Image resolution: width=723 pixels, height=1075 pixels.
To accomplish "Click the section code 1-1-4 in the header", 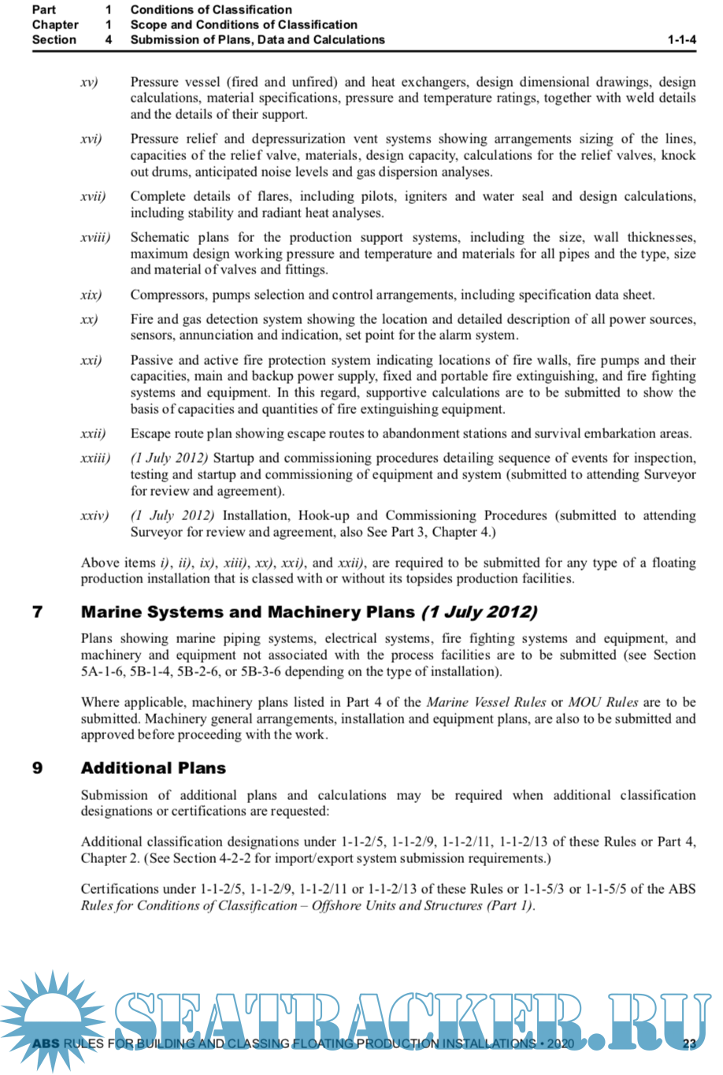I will point(681,39).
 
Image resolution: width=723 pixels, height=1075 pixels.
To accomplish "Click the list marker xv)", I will point(89,82).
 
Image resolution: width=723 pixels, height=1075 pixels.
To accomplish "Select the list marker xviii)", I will point(95,237).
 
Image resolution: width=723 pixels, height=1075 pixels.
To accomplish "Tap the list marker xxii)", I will point(93,433).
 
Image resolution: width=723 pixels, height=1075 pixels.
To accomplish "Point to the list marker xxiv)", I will point(95,515).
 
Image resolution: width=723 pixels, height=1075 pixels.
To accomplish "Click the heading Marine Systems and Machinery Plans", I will point(247,612).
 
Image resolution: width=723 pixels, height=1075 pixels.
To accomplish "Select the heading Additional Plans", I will point(153,768).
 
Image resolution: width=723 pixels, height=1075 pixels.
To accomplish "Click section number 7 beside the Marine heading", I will point(37,612).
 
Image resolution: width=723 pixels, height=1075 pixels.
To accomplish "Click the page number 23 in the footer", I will point(689,1043).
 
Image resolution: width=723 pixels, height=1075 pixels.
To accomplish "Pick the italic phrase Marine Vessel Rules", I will point(486,702).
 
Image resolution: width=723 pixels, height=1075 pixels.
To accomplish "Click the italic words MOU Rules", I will point(603,702).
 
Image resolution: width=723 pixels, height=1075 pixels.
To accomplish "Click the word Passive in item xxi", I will point(152,360).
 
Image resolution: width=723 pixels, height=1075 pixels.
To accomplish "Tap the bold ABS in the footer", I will point(46,1043).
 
